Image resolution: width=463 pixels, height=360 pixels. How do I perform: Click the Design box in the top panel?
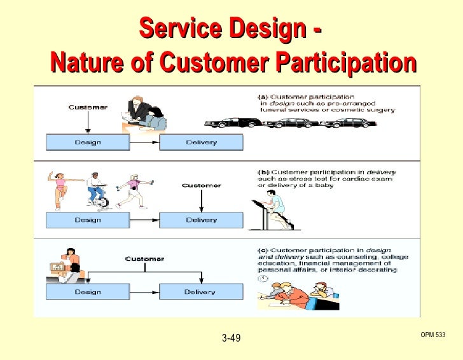pyautogui.click(x=88, y=141)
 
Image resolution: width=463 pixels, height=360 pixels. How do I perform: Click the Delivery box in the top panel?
pyautogui.click(x=201, y=141)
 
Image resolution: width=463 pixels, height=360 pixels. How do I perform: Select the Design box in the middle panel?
pyautogui.click(x=88, y=219)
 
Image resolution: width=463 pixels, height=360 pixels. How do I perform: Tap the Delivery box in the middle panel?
pyautogui.click(x=201, y=219)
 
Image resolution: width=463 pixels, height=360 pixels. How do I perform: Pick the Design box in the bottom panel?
pyautogui.click(x=88, y=292)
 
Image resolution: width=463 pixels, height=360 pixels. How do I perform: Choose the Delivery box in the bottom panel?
pyautogui.click(x=201, y=292)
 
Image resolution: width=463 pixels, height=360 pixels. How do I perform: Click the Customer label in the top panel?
pyautogui.click(x=88, y=107)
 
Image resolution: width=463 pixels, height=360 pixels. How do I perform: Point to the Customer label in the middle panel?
pyautogui.click(x=201, y=185)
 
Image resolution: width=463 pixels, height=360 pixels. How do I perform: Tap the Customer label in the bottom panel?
pyautogui.click(x=144, y=259)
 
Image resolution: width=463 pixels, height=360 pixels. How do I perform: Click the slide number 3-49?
pyautogui.click(x=231, y=338)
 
